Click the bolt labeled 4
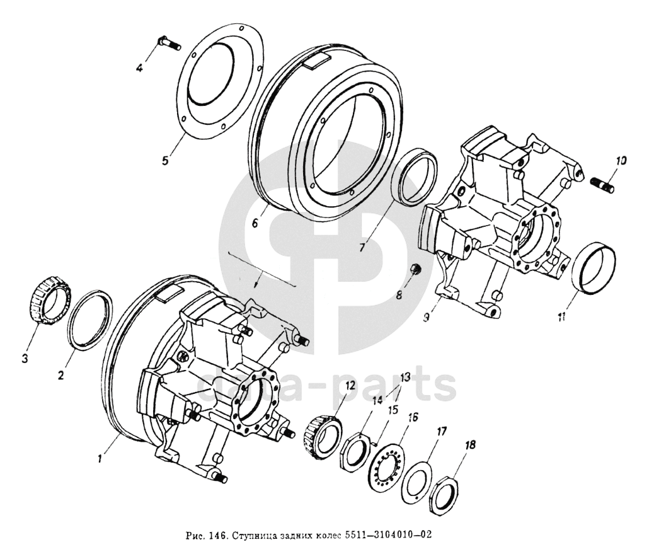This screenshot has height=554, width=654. [x=166, y=43]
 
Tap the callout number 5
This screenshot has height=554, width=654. [x=165, y=160]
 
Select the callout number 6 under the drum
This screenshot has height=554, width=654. [x=255, y=222]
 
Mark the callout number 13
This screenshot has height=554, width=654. [x=403, y=377]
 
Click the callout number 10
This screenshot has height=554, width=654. [x=621, y=161]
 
